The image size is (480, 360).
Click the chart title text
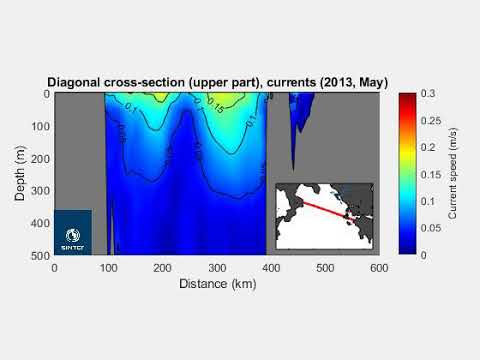point(217,81)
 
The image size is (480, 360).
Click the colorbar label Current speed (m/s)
point(453,174)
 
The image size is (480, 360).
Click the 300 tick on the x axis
point(217,267)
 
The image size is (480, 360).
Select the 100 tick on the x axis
point(108,267)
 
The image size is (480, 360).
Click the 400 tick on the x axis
point(271,267)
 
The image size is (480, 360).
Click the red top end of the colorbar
point(406,96)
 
